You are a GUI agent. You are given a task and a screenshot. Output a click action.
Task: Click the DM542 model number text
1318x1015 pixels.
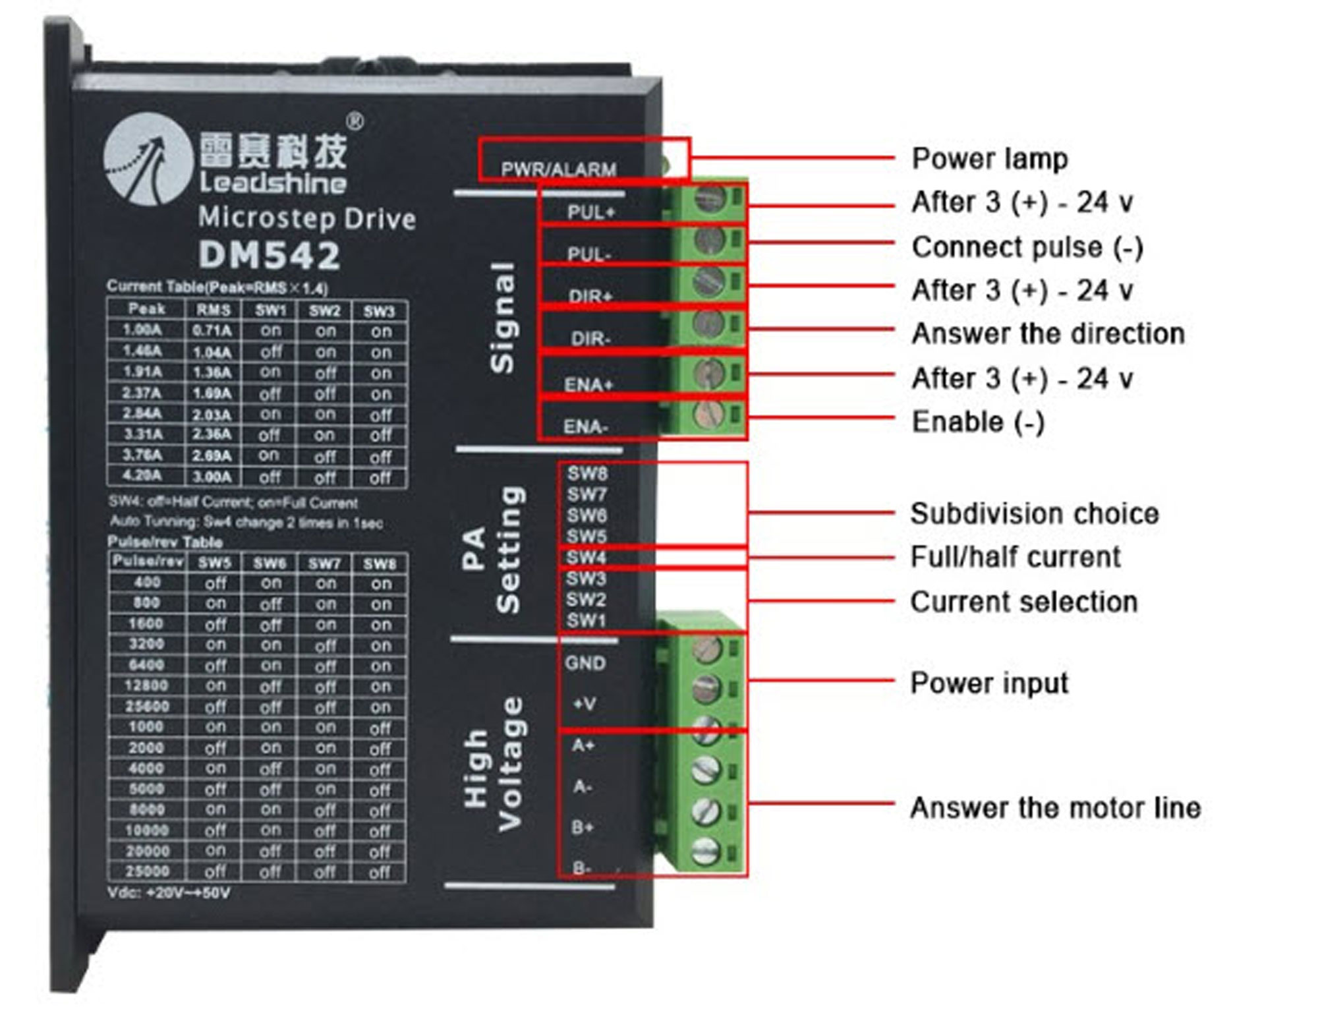click(x=269, y=255)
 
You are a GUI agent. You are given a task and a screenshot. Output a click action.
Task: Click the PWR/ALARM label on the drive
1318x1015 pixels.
click(x=558, y=169)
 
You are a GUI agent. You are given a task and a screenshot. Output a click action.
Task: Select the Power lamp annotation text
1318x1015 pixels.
click(x=989, y=159)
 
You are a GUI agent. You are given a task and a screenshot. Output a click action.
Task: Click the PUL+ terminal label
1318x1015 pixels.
click(x=590, y=212)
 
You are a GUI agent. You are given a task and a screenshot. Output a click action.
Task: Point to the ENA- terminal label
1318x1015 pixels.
click(x=585, y=427)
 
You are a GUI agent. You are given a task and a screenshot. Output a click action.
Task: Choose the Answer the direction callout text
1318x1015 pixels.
click(x=1048, y=333)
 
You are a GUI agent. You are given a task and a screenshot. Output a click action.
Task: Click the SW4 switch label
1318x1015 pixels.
click(x=586, y=558)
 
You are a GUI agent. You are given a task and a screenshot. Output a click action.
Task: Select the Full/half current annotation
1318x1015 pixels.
click(x=1015, y=558)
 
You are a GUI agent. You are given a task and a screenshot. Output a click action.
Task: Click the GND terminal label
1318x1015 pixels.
click(x=585, y=663)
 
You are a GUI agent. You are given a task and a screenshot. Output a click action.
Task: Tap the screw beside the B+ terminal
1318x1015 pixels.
click(x=706, y=811)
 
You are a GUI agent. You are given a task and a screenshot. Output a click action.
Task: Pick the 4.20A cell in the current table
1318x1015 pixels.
click(x=142, y=476)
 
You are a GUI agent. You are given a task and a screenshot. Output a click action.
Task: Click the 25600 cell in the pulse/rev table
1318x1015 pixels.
click(x=146, y=707)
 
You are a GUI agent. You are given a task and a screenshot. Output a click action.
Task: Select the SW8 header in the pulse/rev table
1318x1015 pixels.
click(x=380, y=564)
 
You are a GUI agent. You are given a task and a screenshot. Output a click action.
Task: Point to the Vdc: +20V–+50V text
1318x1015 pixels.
click(x=169, y=894)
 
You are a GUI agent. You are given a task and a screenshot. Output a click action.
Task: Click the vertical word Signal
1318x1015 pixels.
click(x=502, y=318)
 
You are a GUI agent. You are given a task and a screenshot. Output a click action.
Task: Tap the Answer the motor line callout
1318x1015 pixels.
click(x=1055, y=808)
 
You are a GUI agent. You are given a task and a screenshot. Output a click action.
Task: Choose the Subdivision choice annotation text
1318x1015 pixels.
click(x=1034, y=514)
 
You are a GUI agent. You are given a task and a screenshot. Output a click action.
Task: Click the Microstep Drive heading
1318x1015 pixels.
click(x=307, y=218)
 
